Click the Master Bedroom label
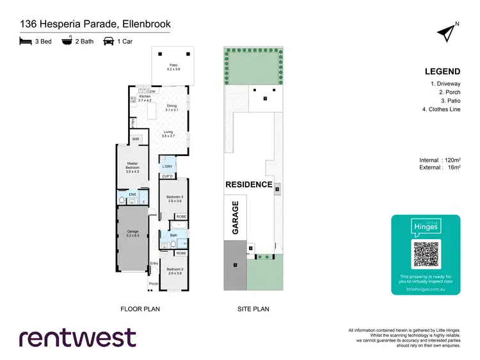pos(132,167)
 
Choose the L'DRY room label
pos(167,167)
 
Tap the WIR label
pos(136,139)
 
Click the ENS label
pos(133,194)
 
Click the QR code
pos(426,255)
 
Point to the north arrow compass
pos(447,31)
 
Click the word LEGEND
pos(442,71)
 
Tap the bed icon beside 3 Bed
pos(26,40)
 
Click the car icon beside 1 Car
pos(109,40)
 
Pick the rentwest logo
pos(77,337)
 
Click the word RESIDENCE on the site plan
pos(249,184)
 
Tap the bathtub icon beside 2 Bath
pos(67,40)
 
